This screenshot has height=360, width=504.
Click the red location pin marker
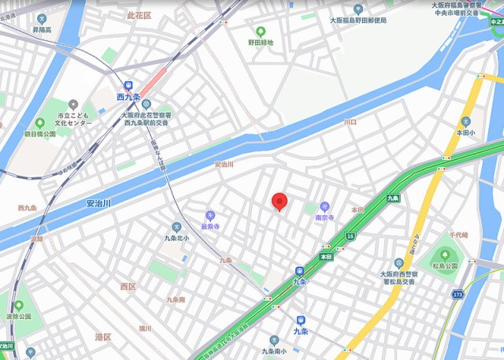279,202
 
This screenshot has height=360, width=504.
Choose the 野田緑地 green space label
260,43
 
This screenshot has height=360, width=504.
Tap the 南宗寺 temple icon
324,206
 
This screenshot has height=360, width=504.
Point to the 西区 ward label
128,287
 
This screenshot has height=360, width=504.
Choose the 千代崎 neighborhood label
458,236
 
